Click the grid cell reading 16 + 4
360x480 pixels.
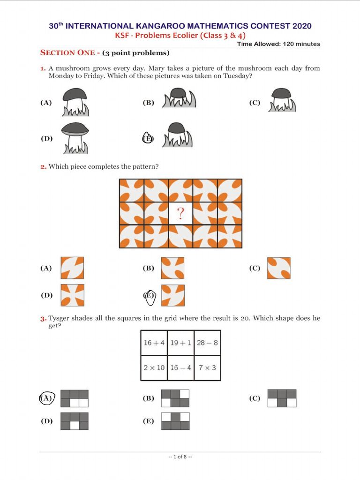tap(154, 343)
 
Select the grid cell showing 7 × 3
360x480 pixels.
tap(207, 367)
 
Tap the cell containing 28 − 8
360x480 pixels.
tap(207, 343)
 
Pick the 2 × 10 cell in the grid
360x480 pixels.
tap(154, 367)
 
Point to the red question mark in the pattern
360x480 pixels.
tap(180, 214)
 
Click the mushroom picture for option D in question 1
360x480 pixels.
tap(75, 138)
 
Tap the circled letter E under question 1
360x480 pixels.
tap(148, 138)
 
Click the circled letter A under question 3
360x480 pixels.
tap(46, 398)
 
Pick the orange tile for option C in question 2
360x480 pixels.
tap(279, 268)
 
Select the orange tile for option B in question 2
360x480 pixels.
tap(172, 268)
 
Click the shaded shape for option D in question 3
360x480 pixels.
tap(75, 421)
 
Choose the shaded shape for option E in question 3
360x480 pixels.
tap(175, 421)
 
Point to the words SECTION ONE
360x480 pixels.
tap(67, 52)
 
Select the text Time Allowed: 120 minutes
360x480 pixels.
tap(278, 44)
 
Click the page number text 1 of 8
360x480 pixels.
tap(180, 457)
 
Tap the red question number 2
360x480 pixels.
tap(43, 166)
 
